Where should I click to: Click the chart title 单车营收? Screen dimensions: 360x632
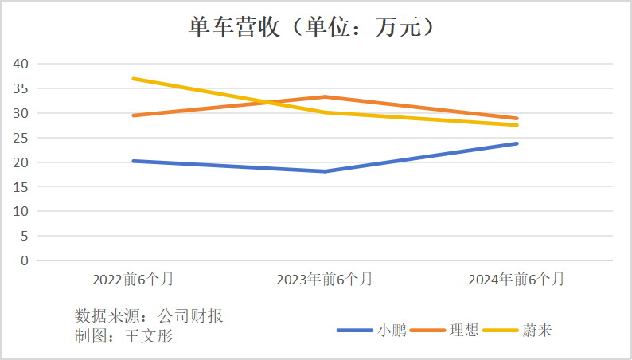tap(315, 27)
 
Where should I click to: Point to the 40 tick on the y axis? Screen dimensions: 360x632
tap(21, 64)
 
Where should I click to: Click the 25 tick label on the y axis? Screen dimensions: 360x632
tap(21, 138)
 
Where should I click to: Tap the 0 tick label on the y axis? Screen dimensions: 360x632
tap(25, 260)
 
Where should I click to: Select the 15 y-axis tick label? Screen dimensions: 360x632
tap(21, 187)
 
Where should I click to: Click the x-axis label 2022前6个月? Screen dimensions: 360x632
tap(133, 280)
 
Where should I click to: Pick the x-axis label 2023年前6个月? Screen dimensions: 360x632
tap(325, 280)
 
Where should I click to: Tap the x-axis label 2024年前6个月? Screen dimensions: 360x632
tap(517, 280)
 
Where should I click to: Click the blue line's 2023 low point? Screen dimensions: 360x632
tap(325, 171)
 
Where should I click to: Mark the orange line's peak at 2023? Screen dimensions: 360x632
tap(325, 97)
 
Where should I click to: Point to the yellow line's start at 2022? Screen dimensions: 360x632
tap(133, 79)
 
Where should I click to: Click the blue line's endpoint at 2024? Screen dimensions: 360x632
tap(517, 143)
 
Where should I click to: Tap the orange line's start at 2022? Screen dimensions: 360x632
tap(133, 115)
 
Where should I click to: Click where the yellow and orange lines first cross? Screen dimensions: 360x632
tap(269, 103)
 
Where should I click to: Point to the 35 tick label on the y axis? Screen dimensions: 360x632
tap(21, 88)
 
